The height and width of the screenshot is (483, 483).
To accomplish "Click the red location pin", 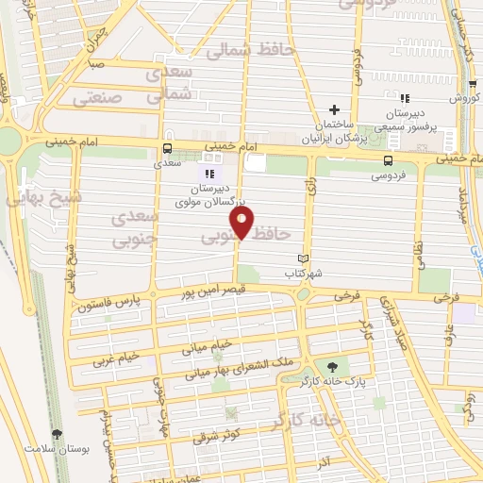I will [243, 224].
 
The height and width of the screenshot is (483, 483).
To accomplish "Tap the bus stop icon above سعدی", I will [167, 148].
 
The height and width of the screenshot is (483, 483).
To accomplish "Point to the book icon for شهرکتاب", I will [303, 259].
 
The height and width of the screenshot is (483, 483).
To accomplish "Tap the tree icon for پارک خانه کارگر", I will [331, 367].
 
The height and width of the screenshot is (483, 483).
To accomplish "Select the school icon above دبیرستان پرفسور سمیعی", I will [404, 98].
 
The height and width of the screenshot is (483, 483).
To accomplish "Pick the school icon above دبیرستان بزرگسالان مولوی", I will [209, 173].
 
